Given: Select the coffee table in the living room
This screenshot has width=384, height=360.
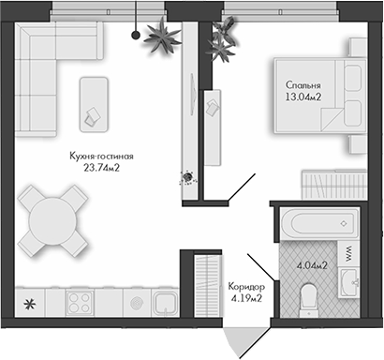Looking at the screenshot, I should (95, 101).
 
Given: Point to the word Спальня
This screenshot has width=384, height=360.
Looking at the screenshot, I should (303, 81).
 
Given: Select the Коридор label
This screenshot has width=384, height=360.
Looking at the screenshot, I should (245, 287).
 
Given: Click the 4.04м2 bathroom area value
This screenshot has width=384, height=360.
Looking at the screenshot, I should (311, 265).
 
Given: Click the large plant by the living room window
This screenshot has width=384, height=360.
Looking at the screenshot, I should (165, 37).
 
